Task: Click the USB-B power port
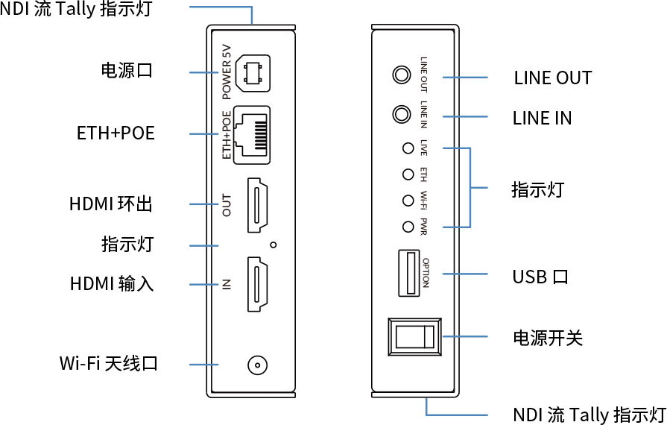coord(253,73)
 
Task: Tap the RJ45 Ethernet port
coord(252,135)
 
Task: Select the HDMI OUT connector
coord(257,205)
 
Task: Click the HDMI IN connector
coord(257,284)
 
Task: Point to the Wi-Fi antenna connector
coord(257,365)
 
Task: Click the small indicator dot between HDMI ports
coord(274,245)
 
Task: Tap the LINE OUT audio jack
coord(401,75)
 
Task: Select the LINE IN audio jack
coord(401,114)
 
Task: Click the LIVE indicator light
coord(408,148)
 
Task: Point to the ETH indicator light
coord(408,174)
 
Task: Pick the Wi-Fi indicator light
coord(408,201)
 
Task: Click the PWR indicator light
coord(408,227)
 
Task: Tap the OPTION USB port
coord(409,273)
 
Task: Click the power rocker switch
coord(415,336)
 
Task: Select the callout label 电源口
coord(127,70)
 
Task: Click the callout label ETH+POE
coord(116,133)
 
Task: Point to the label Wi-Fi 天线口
coord(109,363)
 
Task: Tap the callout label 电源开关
coord(548,338)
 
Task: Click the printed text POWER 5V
coord(227,72)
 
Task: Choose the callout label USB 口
coord(540,277)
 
